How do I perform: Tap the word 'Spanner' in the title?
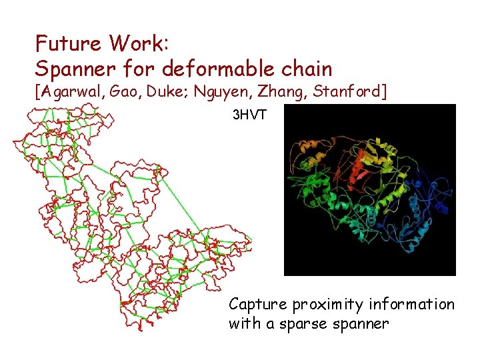click(x=71, y=68)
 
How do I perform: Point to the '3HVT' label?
click(x=249, y=115)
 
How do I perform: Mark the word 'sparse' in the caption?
click(x=306, y=325)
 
